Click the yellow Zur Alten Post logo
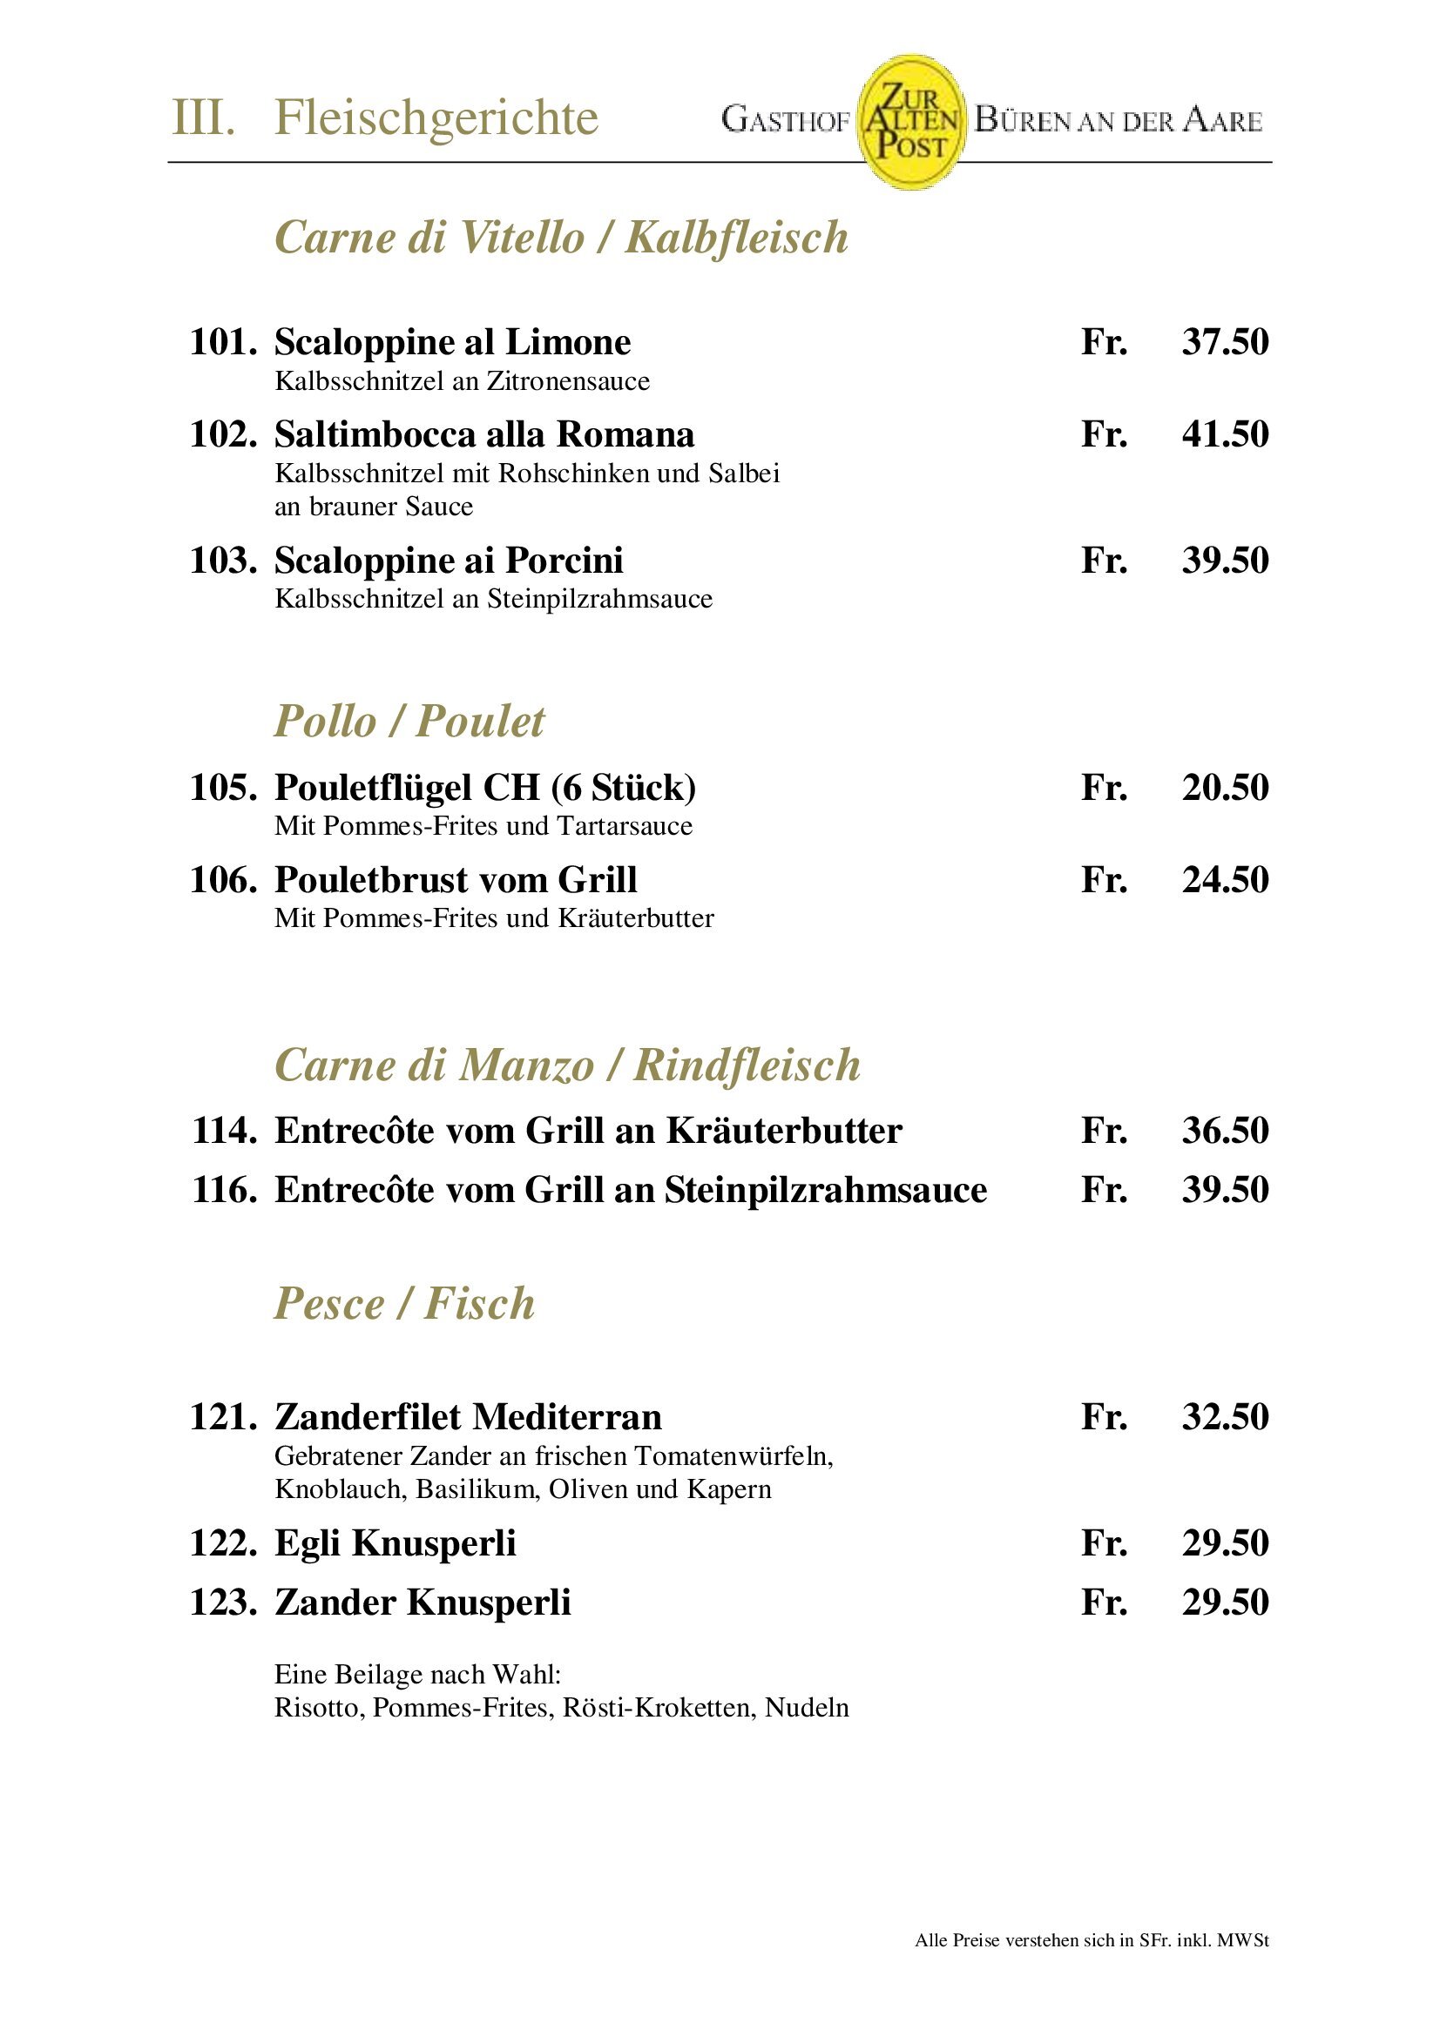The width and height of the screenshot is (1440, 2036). coord(910,122)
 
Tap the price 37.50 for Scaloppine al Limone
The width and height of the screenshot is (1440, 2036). coord(1225,342)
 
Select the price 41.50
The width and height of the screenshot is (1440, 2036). coord(1225,434)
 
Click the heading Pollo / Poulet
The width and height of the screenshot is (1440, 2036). coord(409,721)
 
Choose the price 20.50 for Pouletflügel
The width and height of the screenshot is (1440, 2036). coord(1225,788)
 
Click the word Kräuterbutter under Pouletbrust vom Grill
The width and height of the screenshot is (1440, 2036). coord(635,917)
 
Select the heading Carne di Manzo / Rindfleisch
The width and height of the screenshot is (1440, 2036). coord(568,1065)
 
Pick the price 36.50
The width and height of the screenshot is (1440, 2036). coord(1225,1131)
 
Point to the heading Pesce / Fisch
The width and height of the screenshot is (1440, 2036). coord(404,1304)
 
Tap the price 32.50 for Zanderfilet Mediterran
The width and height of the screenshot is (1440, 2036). coord(1225,1417)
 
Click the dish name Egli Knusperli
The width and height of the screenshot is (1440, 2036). coord(395,1543)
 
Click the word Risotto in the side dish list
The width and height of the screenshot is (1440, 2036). coord(319,1708)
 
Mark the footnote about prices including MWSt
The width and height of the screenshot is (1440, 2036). coord(1092,1940)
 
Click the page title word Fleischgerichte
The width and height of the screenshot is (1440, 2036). coord(436,118)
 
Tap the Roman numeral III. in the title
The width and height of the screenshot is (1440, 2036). coord(203,118)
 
